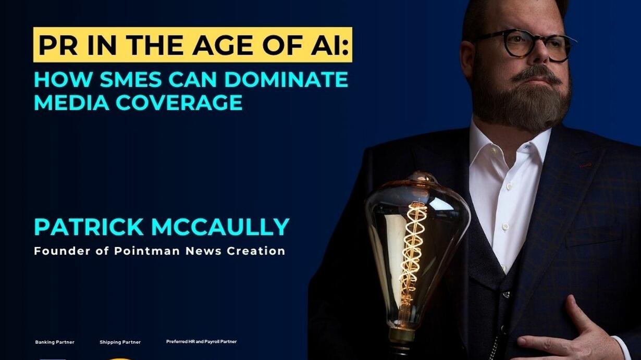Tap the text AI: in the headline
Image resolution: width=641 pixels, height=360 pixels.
pyautogui.click(x=330, y=45)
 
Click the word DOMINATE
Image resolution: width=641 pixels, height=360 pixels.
pyautogui.click(x=286, y=79)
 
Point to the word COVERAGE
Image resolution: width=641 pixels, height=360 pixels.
pyautogui.click(x=179, y=102)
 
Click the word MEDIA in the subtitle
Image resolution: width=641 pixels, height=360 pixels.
pyautogui.click(x=71, y=102)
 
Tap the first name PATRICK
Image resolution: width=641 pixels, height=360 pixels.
pyautogui.click(x=89, y=227)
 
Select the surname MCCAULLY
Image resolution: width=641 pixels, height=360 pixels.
pyautogui.click(x=220, y=227)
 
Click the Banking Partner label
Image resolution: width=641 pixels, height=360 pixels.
pyautogui.click(x=55, y=342)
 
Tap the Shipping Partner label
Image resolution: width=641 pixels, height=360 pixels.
pyautogui.click(x=120, y=342)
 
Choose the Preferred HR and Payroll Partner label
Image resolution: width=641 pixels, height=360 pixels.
pyautogui.click(x=202, y=342)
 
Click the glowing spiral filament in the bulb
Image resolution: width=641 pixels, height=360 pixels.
pyautogui.click(x=412, y=252)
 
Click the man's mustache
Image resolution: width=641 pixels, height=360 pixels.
pyautogui.click(x=537, y=73)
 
